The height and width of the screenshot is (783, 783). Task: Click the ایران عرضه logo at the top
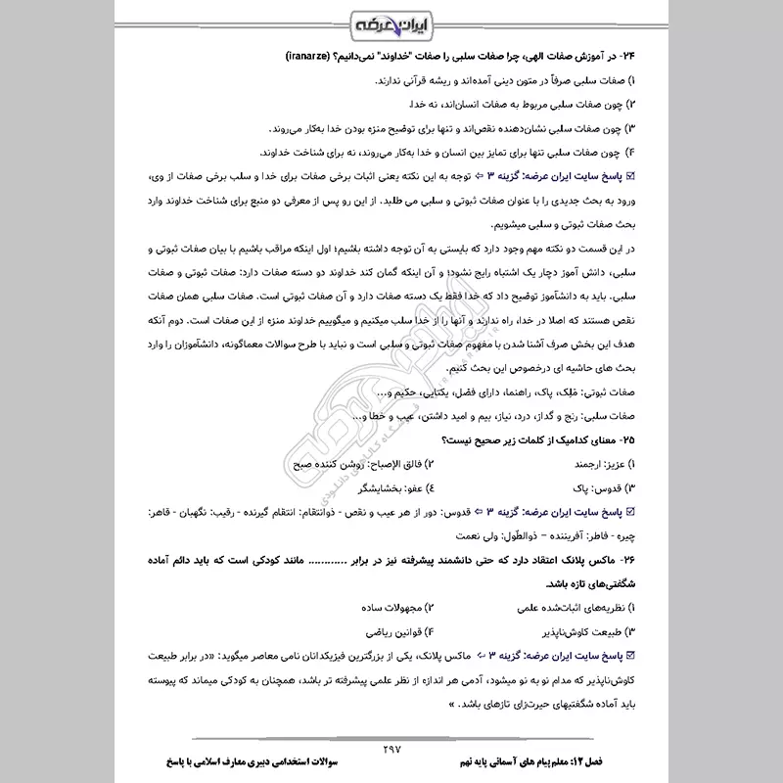[x=391, y=21]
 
